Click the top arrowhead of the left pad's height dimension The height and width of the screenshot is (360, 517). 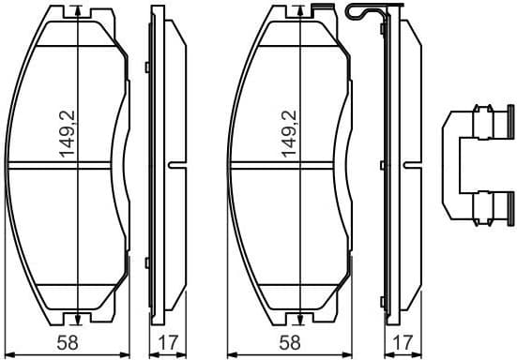75,12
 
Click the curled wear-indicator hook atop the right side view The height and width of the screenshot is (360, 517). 361,11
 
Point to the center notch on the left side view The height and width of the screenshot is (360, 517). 173,166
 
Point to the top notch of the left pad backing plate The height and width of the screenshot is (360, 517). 75,7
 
